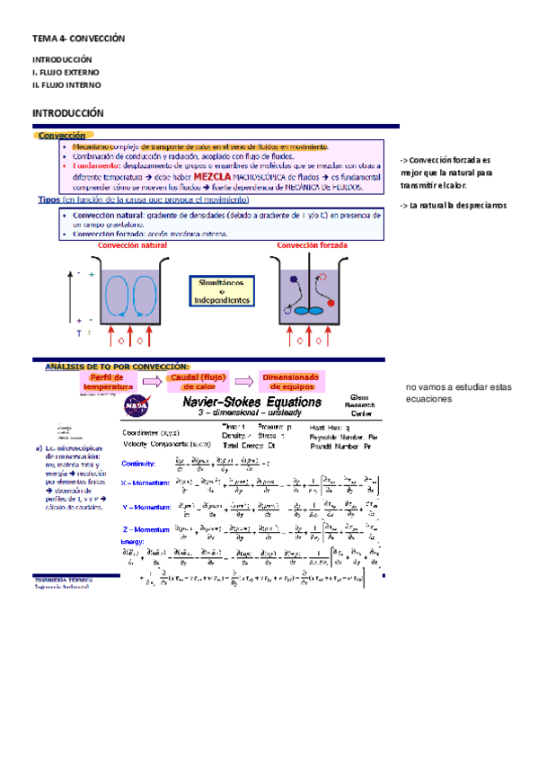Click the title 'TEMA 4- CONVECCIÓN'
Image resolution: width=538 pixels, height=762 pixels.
coord(77,40)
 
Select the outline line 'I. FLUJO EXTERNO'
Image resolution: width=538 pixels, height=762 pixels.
coord(66,71)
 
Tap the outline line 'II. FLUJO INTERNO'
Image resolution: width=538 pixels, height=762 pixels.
coord(66,84)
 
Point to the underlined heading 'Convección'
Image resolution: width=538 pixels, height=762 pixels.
coord(62,135)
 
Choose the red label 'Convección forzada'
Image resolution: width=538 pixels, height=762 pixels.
coord(312,244)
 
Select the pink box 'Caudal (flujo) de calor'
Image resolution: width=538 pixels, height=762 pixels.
coord(198,382)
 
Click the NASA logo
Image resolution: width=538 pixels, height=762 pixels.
coord(139,406)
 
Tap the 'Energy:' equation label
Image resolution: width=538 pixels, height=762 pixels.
coord(133,542)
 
